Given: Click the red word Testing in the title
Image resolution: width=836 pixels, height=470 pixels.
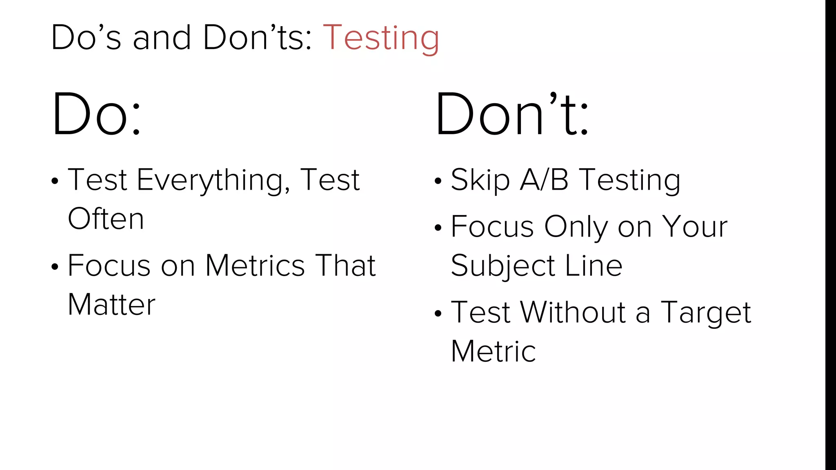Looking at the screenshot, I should [x=381, y=38].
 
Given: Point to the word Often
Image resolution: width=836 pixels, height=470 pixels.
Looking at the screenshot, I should [x=106, y=219].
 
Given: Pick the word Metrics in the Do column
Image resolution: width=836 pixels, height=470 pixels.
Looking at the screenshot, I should [x=255, y=266].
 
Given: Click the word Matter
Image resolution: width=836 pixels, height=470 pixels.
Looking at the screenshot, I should [x=111, y=304].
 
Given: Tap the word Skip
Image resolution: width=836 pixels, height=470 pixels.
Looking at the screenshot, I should [x=480, y=180].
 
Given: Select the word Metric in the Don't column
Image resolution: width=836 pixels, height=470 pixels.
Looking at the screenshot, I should [x=493, y=351].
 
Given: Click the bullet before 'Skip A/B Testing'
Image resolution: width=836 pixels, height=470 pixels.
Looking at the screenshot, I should [x=438, y=181].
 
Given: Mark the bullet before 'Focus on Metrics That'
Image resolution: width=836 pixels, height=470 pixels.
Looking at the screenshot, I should [x=55, y=267].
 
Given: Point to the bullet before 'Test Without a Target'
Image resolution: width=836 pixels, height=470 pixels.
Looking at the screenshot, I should [x=438, y=313].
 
